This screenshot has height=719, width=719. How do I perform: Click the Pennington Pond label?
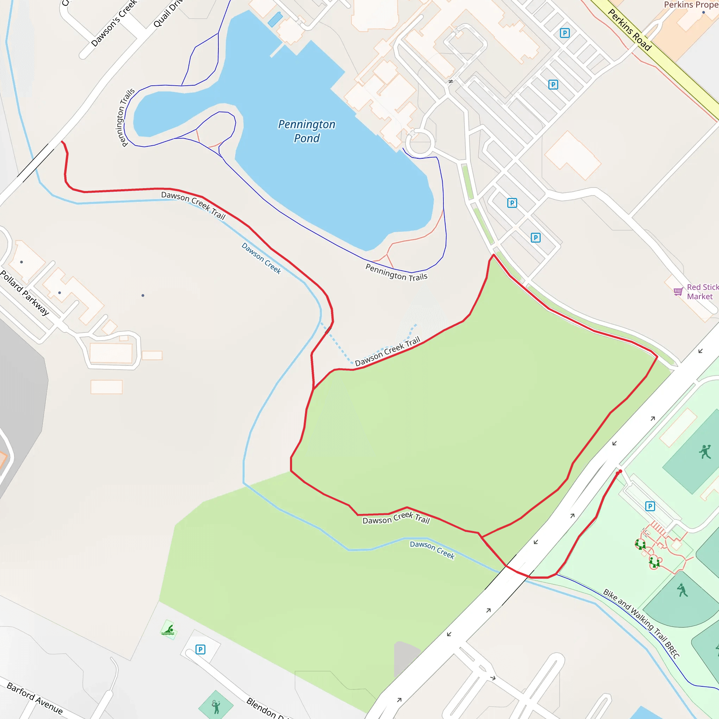coord(306,131)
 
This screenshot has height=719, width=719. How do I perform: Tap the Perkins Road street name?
coord(629,30)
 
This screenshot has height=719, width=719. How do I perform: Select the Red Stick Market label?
coord(702,292)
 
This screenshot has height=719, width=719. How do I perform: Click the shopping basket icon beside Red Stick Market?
coord(678,292)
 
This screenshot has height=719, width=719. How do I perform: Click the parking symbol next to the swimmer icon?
coord(200,650)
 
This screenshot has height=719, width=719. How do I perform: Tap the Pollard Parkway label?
coord(25,293)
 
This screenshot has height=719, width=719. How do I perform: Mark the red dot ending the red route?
coord(620,471)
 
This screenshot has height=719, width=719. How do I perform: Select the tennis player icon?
coord(216,706)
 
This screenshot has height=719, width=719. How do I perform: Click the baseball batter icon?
coord(682,590)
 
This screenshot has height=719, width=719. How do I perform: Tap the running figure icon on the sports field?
coord(705,452)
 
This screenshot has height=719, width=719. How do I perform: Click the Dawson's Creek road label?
coord(114,23)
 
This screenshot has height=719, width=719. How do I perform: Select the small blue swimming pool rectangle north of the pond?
coord(275,19)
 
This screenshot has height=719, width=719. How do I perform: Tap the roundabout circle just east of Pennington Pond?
coord(420,142)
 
